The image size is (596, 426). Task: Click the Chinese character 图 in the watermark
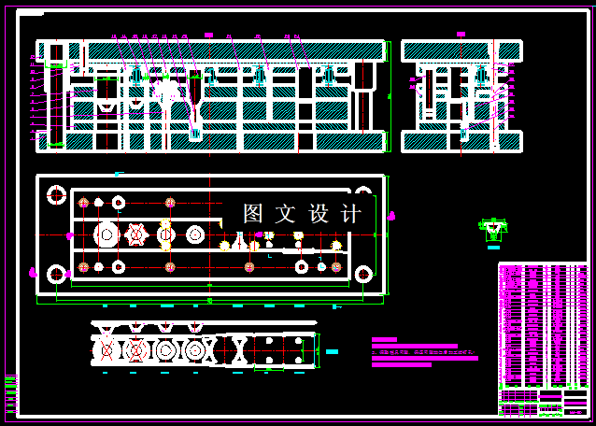pos(252,214)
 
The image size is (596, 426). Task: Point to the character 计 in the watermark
pos(352,214)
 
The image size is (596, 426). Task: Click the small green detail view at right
pos(493,228)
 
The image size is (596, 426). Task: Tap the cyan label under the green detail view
pos(493,248)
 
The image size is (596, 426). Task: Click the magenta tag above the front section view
pos(208,35)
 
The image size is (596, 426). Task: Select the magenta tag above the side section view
pos(461,35)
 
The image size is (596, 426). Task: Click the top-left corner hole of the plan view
pos(56,195)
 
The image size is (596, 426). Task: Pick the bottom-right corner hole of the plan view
pos(362,275)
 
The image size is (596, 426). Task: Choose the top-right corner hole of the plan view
pos(362,195)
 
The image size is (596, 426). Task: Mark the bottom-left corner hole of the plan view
pos(56,275)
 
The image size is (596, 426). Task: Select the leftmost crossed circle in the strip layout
pos(106,350)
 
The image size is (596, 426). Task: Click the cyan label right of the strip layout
pos(333,351)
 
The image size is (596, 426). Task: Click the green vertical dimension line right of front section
pos(389,93)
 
